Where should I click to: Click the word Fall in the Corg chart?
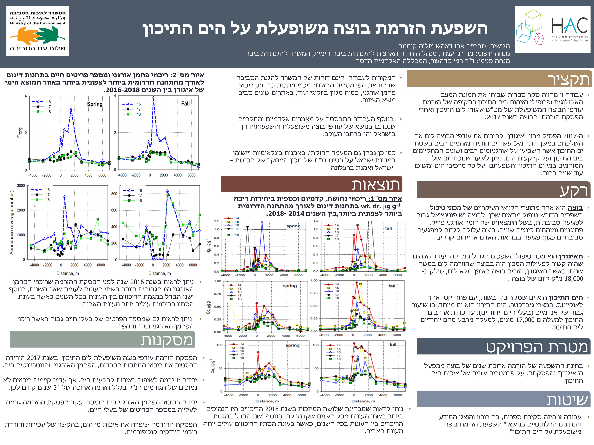pyautogui.click(x=185, y=104)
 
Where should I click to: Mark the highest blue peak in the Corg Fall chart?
pyautogui.click(x=153, y=98)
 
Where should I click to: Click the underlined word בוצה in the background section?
pyautogui.click(x=575, y=208)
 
